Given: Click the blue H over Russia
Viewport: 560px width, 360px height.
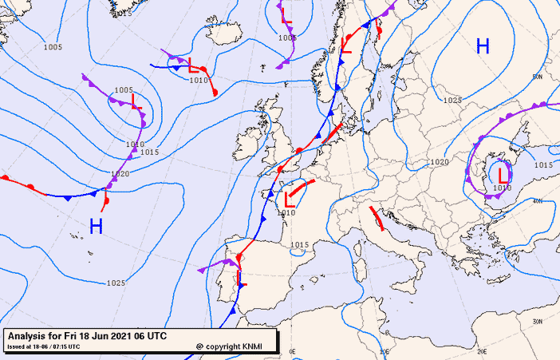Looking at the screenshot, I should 482,46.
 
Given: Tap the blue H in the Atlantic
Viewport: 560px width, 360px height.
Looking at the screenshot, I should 96,227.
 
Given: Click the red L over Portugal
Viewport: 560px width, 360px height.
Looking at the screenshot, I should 241,279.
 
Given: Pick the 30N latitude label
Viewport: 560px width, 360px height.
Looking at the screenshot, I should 537,322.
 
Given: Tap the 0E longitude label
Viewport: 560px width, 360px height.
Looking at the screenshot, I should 292,351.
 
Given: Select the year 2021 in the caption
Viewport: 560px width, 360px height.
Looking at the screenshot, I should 117,336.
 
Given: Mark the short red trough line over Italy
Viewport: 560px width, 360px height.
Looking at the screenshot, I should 377,217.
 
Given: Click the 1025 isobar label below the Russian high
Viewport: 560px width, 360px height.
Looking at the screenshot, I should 452,100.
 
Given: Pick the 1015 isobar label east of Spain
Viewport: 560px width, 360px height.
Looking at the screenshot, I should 299,244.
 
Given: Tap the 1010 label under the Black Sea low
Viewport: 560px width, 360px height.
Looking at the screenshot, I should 502,188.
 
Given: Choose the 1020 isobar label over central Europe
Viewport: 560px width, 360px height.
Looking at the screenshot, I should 439,162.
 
